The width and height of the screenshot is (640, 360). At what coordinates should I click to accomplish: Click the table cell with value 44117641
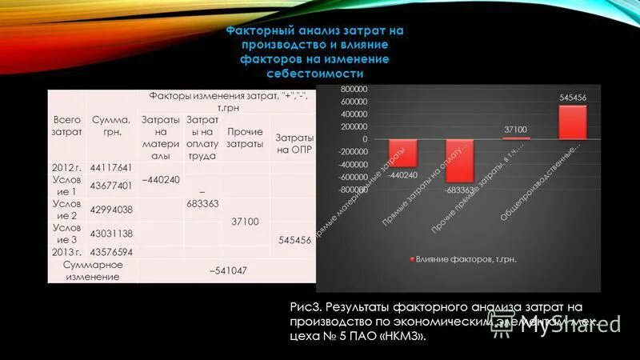coord(111,168)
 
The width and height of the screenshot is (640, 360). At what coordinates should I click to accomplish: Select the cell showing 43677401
coord(111,186)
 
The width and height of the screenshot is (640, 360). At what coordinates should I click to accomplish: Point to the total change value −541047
coord(228,270)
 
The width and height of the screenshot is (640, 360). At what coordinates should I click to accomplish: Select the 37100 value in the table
coord(246,222)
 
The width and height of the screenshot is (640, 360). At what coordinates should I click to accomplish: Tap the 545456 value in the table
coord(294,239)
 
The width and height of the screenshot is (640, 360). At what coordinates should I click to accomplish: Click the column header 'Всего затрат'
coord(66,125)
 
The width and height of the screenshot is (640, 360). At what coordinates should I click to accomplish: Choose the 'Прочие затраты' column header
coord(246,138)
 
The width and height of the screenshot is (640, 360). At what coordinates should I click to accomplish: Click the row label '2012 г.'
coord(66,168)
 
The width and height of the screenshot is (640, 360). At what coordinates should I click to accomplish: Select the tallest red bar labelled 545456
coord(573,122)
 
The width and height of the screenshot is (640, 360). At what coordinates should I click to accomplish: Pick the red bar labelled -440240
coord(402,152)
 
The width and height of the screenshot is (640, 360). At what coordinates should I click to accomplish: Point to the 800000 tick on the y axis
coord(353,90)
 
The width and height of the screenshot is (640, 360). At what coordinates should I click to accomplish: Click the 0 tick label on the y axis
coord(364,139)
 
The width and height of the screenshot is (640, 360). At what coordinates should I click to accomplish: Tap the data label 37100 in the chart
coord(516,129)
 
